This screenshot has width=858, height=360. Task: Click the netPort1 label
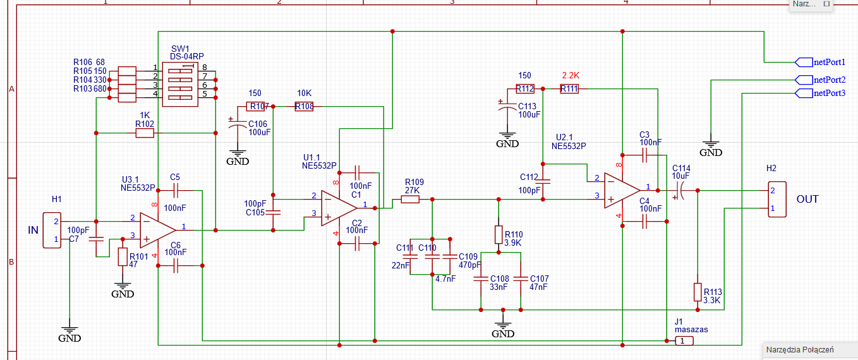point(830,62)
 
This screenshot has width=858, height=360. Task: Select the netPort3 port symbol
point(804,93)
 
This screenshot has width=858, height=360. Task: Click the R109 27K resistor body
point(410,199)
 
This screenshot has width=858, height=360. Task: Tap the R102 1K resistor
point(145,133)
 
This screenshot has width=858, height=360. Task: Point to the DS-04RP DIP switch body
point(180,84)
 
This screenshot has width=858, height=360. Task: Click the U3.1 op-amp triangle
point(158,230)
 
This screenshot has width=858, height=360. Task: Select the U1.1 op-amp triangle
point(339,208)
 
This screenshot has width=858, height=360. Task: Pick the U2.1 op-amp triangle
point(622,190)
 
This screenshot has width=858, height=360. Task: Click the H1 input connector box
point(52,230)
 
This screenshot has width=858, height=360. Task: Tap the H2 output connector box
point(777,199)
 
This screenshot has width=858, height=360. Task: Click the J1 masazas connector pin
point(684,340)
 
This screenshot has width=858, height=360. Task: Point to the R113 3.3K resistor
point(698,292)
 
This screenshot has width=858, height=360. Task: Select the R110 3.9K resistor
point(498,235)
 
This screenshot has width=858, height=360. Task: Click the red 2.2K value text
point(571,75)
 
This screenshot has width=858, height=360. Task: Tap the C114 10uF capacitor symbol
point(679,190)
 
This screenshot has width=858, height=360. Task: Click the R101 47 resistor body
point(123,256)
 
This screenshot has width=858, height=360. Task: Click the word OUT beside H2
point(807,199)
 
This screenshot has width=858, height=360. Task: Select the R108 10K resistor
point(304,107)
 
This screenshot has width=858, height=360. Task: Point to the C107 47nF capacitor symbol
point(521,279)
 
